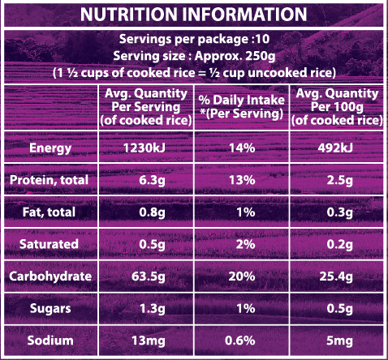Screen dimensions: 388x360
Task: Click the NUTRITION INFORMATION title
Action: tap(194, 14)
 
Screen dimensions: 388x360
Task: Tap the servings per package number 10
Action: tap(262, 39)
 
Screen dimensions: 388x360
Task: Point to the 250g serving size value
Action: tap(261, 56)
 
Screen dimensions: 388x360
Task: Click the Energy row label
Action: tap(50, 148)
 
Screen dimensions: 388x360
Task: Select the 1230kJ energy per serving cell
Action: tap(144, 148)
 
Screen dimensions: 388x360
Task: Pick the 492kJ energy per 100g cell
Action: tap(335, 148)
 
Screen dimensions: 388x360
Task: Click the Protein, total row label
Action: tap(49, 180)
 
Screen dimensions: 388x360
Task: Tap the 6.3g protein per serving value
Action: tap(152, 180)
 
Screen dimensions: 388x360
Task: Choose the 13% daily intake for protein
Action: tap(242, 180)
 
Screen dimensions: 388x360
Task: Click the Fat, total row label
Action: tap(49, 212)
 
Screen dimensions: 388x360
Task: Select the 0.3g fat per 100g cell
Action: tap(340, 212)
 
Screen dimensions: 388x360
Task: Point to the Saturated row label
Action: tap(49, 244)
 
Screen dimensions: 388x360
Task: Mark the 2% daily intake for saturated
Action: tap(245, 244)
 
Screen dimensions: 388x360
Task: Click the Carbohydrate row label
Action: tap(50, 276)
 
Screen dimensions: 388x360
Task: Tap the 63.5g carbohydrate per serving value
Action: tap(149, 276)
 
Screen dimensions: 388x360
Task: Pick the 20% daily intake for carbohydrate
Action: tap(242, 276)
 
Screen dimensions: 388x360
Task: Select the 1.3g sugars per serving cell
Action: tap(153, 309)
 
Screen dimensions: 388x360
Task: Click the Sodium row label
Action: tap(50, 341)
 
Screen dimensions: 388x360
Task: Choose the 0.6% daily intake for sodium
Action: tap(240, 341)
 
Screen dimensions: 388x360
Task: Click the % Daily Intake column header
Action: tap(242, 107)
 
